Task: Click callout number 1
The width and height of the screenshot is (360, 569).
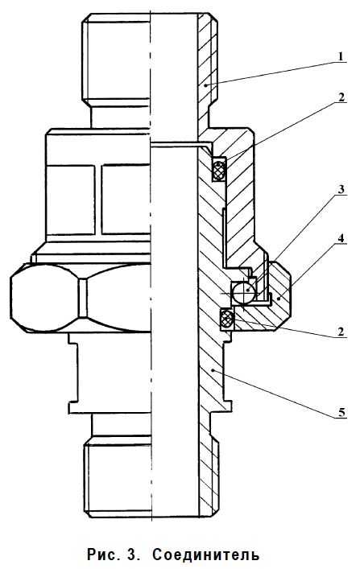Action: pos(341,57)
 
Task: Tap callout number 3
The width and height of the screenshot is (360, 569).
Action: pos(341,189)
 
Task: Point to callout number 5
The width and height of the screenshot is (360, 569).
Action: pos(341,412)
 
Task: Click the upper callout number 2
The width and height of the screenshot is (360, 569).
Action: pos(341,97)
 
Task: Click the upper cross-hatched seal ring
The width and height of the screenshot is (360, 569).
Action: pos(219,169)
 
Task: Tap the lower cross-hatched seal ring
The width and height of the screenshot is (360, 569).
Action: pos(226,320)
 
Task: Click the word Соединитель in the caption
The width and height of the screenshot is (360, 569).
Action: pos(206,555)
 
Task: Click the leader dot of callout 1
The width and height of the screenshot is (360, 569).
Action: pos(205,85)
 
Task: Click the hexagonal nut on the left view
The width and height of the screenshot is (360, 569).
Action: pos(81,297)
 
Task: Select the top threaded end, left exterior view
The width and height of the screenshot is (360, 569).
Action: pos(115,59)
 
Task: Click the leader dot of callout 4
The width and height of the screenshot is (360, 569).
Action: pos(279,299)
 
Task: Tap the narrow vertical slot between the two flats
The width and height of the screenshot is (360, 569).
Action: pos(98,200)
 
